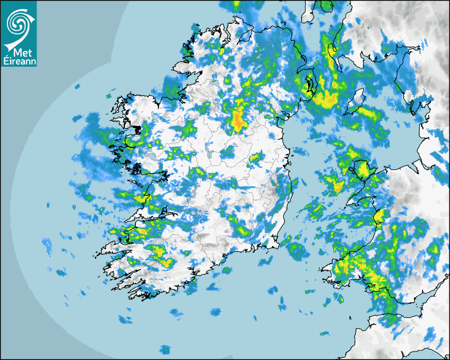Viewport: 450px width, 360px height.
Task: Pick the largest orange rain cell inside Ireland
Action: [238, 119]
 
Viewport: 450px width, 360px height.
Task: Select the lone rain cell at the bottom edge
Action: [166, 349]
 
